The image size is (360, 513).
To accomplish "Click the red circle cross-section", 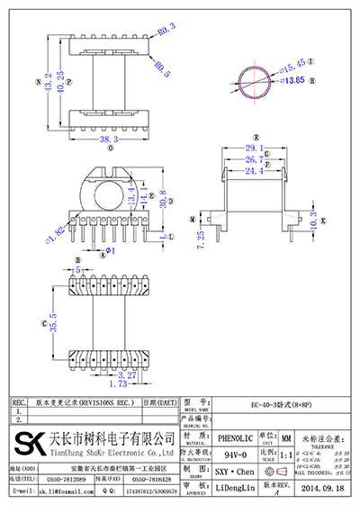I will tap(250, 81).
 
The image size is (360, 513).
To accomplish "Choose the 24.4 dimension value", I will tap(255, 169).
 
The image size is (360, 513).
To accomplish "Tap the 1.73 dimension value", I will tap(103, 382).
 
